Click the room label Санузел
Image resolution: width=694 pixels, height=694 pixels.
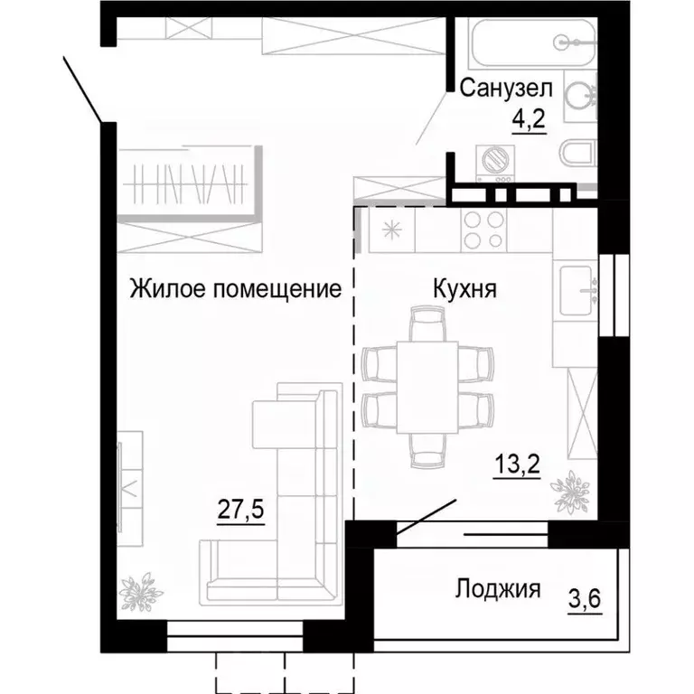506,88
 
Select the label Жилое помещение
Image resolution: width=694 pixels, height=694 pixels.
235,289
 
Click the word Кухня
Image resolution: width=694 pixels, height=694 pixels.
462,289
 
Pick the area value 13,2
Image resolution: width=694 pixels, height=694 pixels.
517,467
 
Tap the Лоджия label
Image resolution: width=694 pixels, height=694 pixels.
497,590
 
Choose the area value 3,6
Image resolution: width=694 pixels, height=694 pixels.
586,598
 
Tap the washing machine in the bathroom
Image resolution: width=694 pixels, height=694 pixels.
497,161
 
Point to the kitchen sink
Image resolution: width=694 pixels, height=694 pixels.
577,289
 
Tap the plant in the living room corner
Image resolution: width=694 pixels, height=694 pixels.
137,592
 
